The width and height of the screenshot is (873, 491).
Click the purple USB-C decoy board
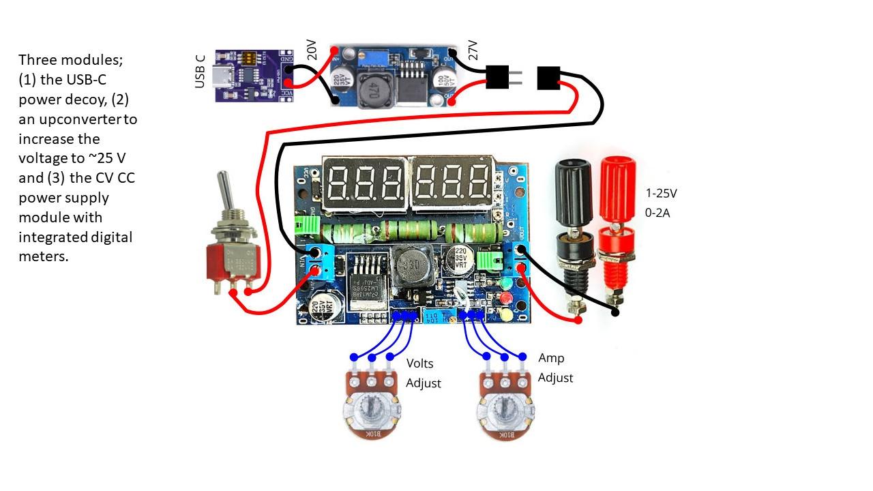pos(254,75)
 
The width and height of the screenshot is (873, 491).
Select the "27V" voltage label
pos(473,49)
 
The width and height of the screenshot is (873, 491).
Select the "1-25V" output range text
pos(662,193)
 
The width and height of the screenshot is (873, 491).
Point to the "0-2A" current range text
pos(658,213)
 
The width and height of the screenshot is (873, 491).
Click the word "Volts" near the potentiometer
pos(420,363)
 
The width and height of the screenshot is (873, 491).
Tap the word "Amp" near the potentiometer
pos(551,357)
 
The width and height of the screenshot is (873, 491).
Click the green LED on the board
pos(505,282)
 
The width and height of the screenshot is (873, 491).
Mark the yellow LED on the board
pos(505,315)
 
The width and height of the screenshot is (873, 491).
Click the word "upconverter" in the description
pos(78,119)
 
